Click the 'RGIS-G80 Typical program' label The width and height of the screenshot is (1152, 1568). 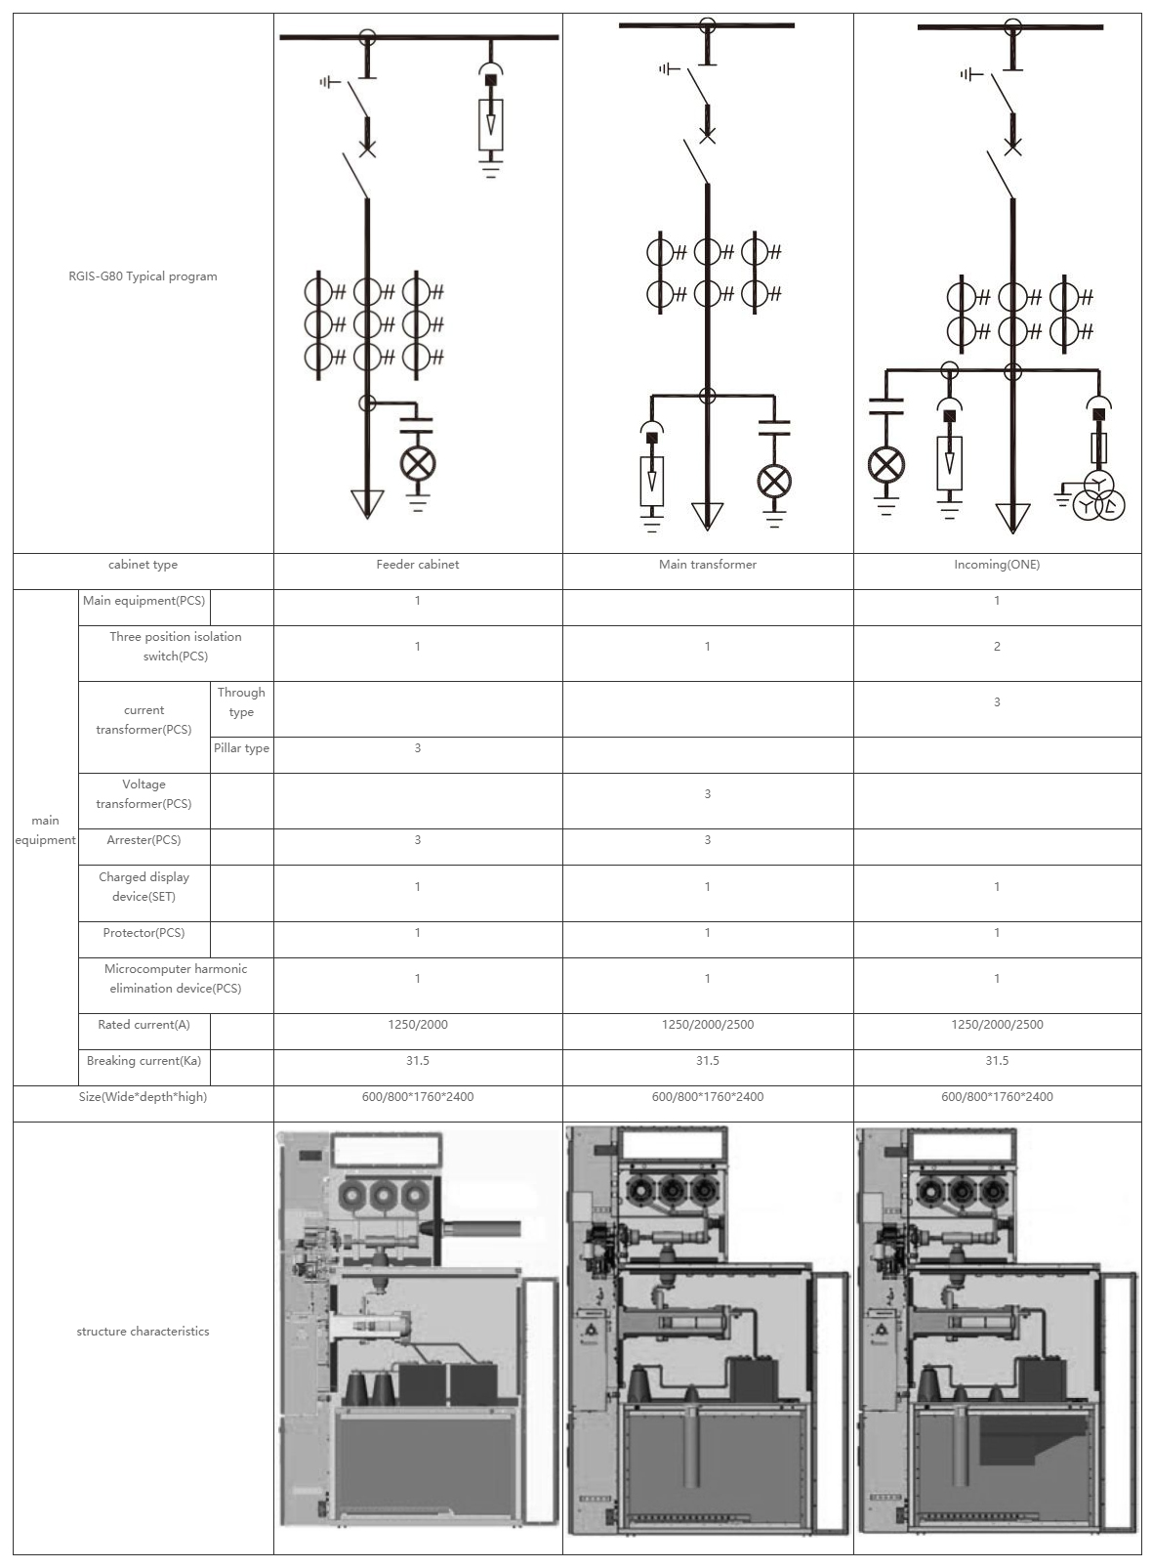137,276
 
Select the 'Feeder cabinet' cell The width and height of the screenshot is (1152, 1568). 418,565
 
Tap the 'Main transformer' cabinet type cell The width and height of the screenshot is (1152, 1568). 708,565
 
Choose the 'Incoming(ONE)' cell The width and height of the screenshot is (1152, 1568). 997,565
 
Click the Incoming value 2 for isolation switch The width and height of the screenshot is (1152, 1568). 997,647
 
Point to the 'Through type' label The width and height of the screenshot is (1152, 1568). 241,702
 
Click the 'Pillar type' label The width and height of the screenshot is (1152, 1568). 241,748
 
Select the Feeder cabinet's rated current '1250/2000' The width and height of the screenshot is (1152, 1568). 418,1025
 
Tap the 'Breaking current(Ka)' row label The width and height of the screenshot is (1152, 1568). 144,1061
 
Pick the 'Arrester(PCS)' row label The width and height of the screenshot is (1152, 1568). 144,840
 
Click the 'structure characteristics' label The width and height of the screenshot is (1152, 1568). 143,1332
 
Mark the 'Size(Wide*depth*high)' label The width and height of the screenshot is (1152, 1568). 144,1097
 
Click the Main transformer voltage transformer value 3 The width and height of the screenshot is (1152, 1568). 708,794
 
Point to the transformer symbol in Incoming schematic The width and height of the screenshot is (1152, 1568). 1099,498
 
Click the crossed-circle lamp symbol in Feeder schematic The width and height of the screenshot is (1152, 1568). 419,464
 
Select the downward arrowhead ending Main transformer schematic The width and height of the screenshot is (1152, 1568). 707,515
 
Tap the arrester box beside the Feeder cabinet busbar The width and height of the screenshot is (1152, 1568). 491,122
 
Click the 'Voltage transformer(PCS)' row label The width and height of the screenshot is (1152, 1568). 144,794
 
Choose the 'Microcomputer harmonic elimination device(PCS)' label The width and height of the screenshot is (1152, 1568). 176,979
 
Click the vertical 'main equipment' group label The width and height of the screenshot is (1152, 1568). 45,830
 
